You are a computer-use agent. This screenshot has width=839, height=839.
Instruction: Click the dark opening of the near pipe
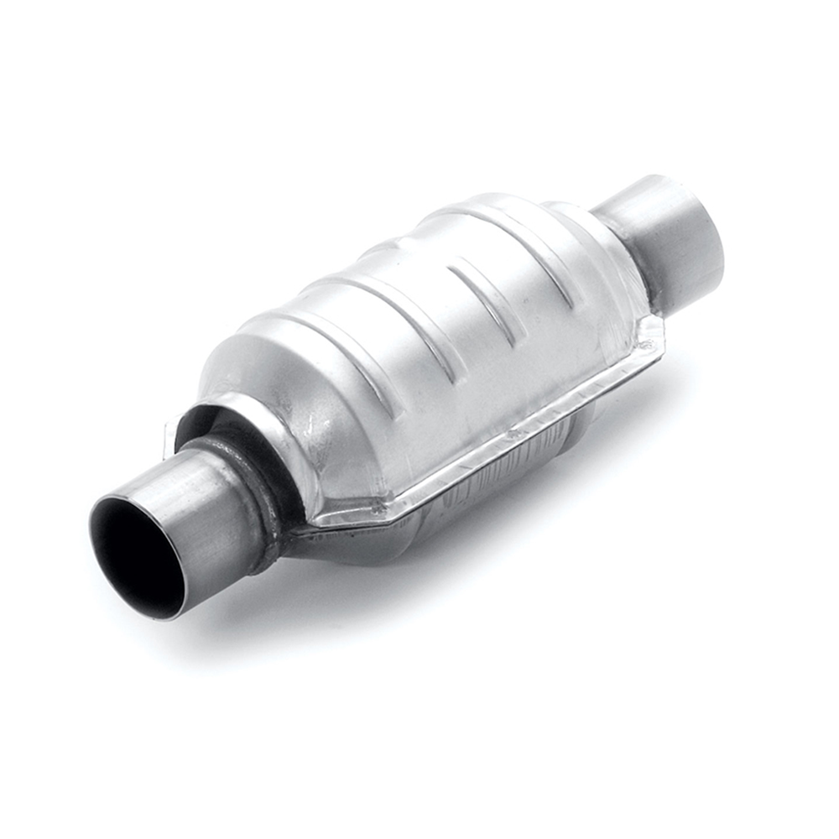click(x=134, y=558)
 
